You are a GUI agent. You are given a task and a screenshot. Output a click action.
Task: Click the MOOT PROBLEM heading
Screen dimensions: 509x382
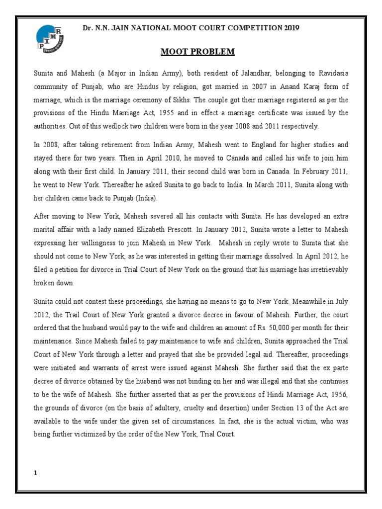click(x=191, y=52)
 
